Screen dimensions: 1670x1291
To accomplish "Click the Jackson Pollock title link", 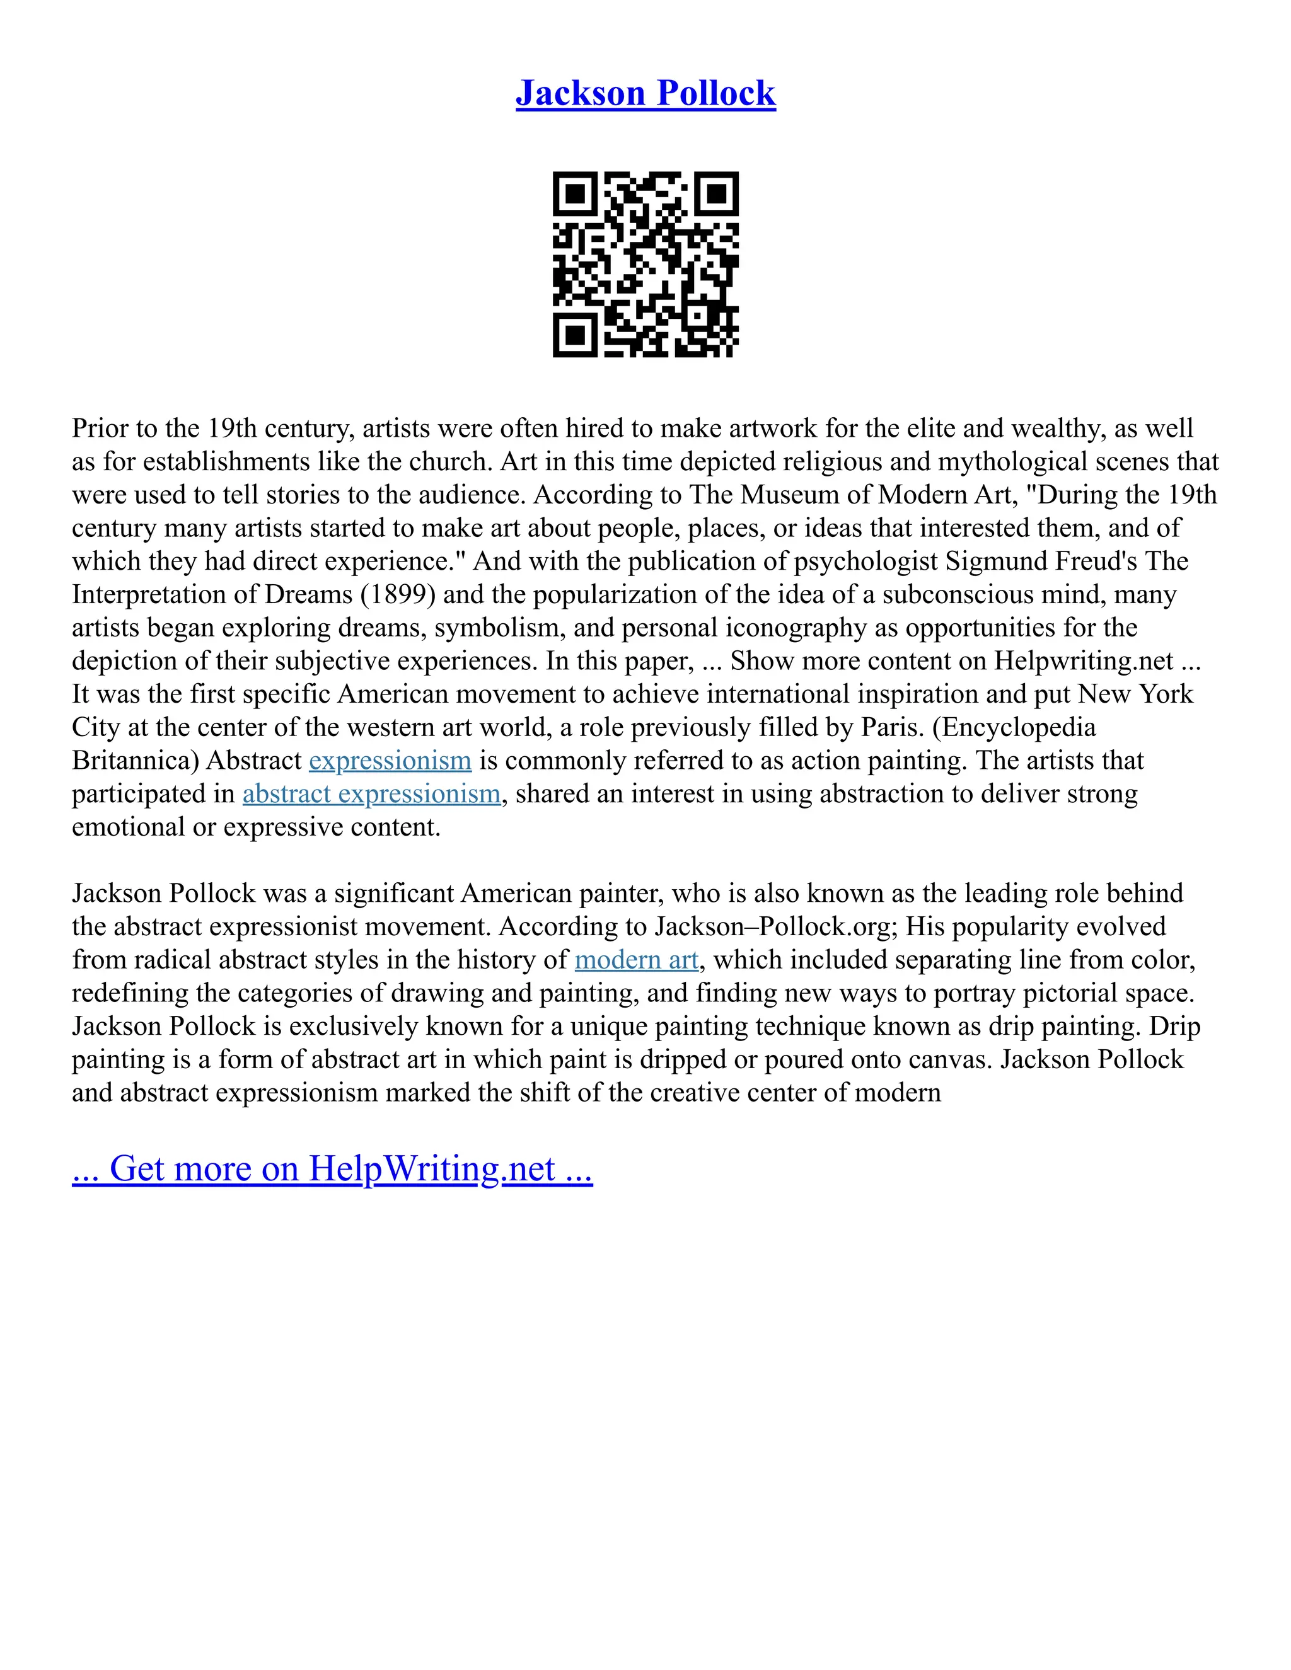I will click(x=645, y=93).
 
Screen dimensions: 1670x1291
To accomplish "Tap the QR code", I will click(x=645, y=264).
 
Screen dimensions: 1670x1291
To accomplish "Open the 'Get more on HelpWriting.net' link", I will click(x=332, y=1168).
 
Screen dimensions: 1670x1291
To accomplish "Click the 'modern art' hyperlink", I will click(x=636, y=960).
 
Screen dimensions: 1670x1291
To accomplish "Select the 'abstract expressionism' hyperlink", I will click(x=372, y=793).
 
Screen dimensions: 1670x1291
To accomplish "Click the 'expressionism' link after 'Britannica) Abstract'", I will click(x=390, y=761).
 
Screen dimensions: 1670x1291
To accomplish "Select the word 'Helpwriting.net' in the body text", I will click(x=1083, y=660).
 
